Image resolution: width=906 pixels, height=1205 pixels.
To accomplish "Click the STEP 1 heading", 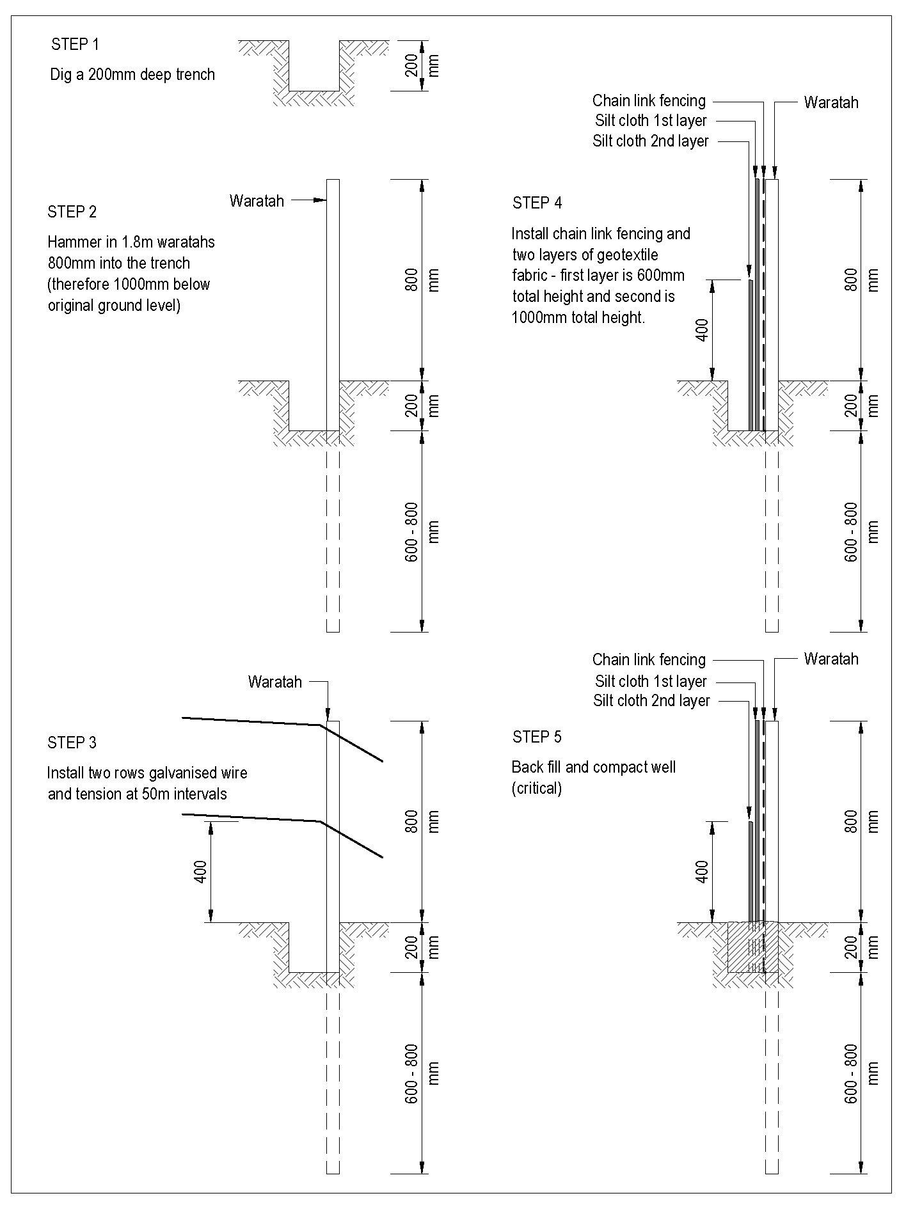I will [x=75, y=45].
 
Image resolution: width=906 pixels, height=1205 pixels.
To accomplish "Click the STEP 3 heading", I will [x=72, y=743].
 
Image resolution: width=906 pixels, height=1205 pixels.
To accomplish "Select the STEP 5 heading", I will [x=537, y=737].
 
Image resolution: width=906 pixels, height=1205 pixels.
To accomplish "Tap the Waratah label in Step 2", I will [x=257, y=201].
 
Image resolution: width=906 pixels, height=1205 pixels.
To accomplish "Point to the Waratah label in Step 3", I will [x=274, y=682].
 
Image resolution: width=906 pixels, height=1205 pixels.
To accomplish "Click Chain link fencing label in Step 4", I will [x=649, y=100].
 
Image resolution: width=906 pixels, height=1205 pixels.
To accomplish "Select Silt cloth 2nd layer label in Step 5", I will [x=651, y=701].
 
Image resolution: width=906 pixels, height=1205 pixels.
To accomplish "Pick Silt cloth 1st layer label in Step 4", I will [x=651, y=121].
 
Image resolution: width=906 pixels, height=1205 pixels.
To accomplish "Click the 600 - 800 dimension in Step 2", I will [x=413, y=532].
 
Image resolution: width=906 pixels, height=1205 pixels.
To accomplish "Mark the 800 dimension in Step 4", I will [x=851, y=280].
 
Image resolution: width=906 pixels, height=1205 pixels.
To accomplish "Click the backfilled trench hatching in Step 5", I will [x=742, y=947].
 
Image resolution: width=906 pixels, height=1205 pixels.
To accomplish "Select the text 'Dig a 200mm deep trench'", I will [x=132, y=75].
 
